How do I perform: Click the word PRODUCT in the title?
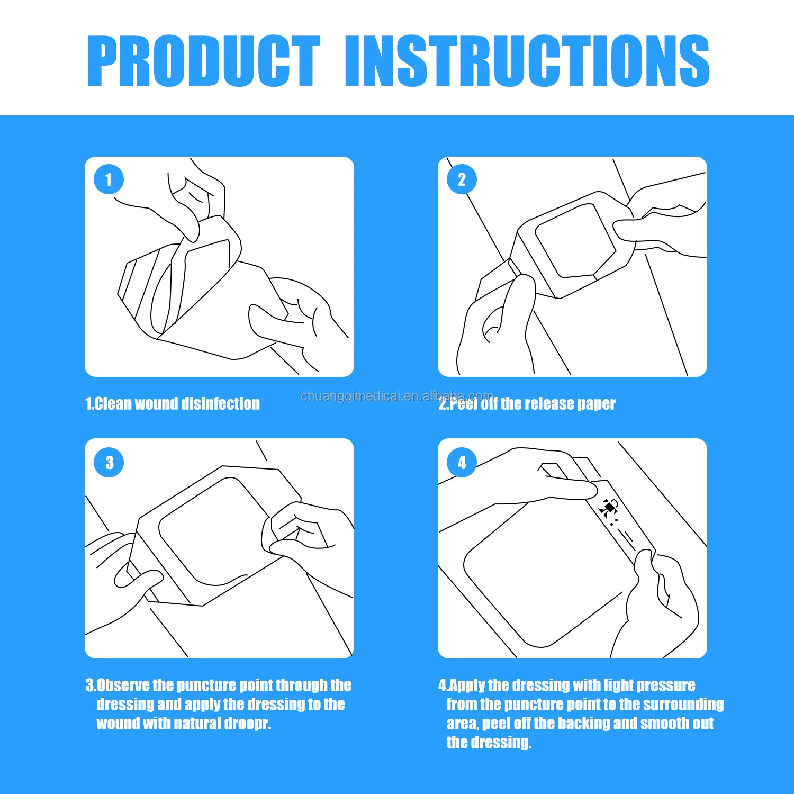(x=204, y=61)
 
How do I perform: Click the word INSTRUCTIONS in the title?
(x=527, y=61)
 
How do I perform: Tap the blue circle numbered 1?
(x=109, y=179)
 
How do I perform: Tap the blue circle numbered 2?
(x=462, y=179)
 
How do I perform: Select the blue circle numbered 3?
(x=109, y=462)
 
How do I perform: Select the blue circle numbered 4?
(x=462, y=462)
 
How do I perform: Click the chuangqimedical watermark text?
(x=397, y=396)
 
